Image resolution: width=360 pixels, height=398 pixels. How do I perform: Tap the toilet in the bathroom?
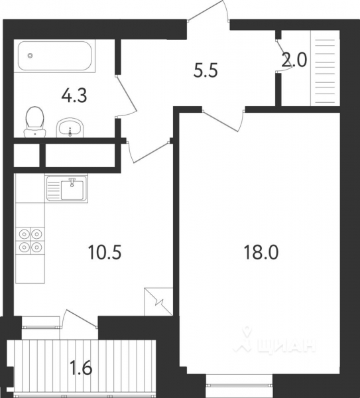[x=34, y=122]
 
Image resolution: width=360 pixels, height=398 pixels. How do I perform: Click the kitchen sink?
[x=66, y=188]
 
